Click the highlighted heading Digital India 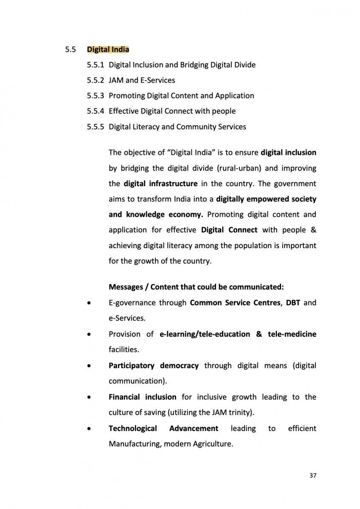[x=108, y=50]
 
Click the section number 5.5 [x=70, y=50]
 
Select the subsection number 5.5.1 [x=96, y=65]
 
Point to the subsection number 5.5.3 [x=96, y=95]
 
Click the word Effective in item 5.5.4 [x=123, y=111]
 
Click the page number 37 [x=313, y=475]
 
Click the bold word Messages [x=125, y=287]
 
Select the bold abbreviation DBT [x=293, y=303]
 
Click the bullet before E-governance [x=88, y=303]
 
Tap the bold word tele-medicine [x=292, y=334]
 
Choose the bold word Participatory [x=132, y=365]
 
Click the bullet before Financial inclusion [x=88, y=397]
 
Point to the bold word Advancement [x=194, y=428]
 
